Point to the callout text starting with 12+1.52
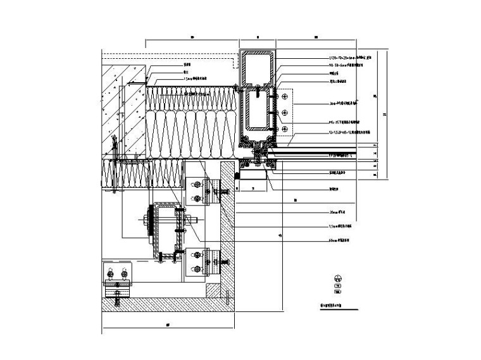[x=344, y=133]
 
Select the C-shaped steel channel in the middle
[x=168, y=231]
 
